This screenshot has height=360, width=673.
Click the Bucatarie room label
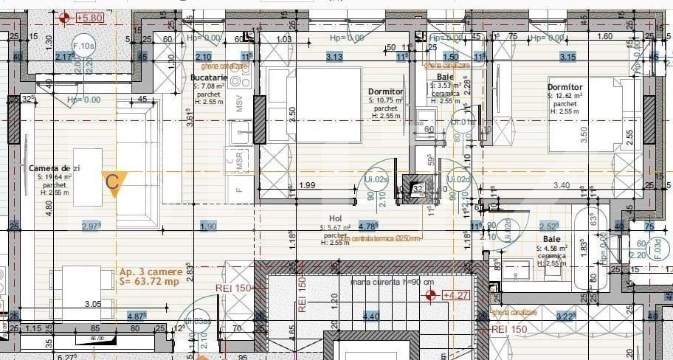[209, 77]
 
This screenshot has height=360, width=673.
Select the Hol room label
[336, 218]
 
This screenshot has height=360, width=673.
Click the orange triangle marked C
[114, 181]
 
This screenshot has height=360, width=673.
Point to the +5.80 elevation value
[90, 17]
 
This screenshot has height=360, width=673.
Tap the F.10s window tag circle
[84, 46]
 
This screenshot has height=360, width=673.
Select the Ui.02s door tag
[376, 179]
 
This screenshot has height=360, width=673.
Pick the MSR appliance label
[240, 162]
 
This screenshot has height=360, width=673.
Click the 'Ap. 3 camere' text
[151, 271]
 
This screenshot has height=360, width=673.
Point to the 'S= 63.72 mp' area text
[150, 282]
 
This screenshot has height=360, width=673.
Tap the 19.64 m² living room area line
[50, 177]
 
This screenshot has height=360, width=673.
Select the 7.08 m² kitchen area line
[209, 86]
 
